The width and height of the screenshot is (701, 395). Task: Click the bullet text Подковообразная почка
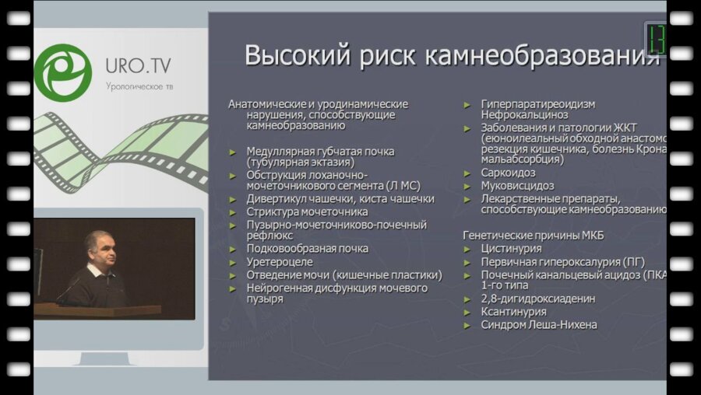click(x=308, y=249)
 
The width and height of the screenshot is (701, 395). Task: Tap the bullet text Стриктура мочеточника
click(x=307, y=211)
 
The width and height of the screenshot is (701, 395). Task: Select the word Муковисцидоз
click(x=517, y=186)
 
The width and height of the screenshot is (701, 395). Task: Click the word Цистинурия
click(x=511, y=249)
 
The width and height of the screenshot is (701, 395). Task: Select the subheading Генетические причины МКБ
click(x=534, y=235)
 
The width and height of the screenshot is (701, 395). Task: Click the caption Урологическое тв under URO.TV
click(x=139, y=86)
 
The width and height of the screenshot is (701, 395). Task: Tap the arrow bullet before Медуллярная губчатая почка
click(x=234, y=152)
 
